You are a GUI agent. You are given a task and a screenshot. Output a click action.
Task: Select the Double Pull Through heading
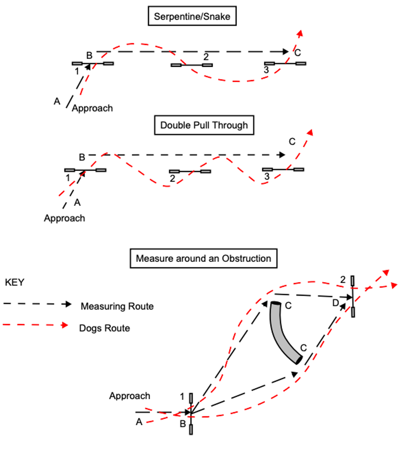tap(204, 125)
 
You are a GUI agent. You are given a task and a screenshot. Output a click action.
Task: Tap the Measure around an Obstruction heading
tap(203, 258)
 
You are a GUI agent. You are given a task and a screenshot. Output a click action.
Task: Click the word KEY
tap(15, 283)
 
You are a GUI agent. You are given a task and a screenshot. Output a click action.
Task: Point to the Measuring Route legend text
tap(117, 306)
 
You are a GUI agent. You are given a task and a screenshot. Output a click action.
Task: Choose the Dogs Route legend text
tap(105, 328)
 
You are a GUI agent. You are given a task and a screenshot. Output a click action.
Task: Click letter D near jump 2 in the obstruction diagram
tap(336, 303)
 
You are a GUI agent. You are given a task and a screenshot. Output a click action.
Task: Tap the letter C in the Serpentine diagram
tap(298, 53)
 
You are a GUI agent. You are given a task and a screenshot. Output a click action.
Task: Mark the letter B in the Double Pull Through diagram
tap(82, 157)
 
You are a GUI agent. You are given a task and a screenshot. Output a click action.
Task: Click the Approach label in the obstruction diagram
tap(129, 396)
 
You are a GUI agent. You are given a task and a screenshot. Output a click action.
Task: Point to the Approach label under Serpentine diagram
tap(92, 108)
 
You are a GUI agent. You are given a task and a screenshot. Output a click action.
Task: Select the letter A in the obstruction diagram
tap(139, 422)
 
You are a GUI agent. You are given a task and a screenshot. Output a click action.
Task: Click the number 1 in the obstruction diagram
tap(182, 397)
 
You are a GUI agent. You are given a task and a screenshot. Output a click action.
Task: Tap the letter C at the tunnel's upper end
tap(288, 306)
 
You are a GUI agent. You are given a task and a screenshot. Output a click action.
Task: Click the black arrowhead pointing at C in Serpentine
tap(286, 52)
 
